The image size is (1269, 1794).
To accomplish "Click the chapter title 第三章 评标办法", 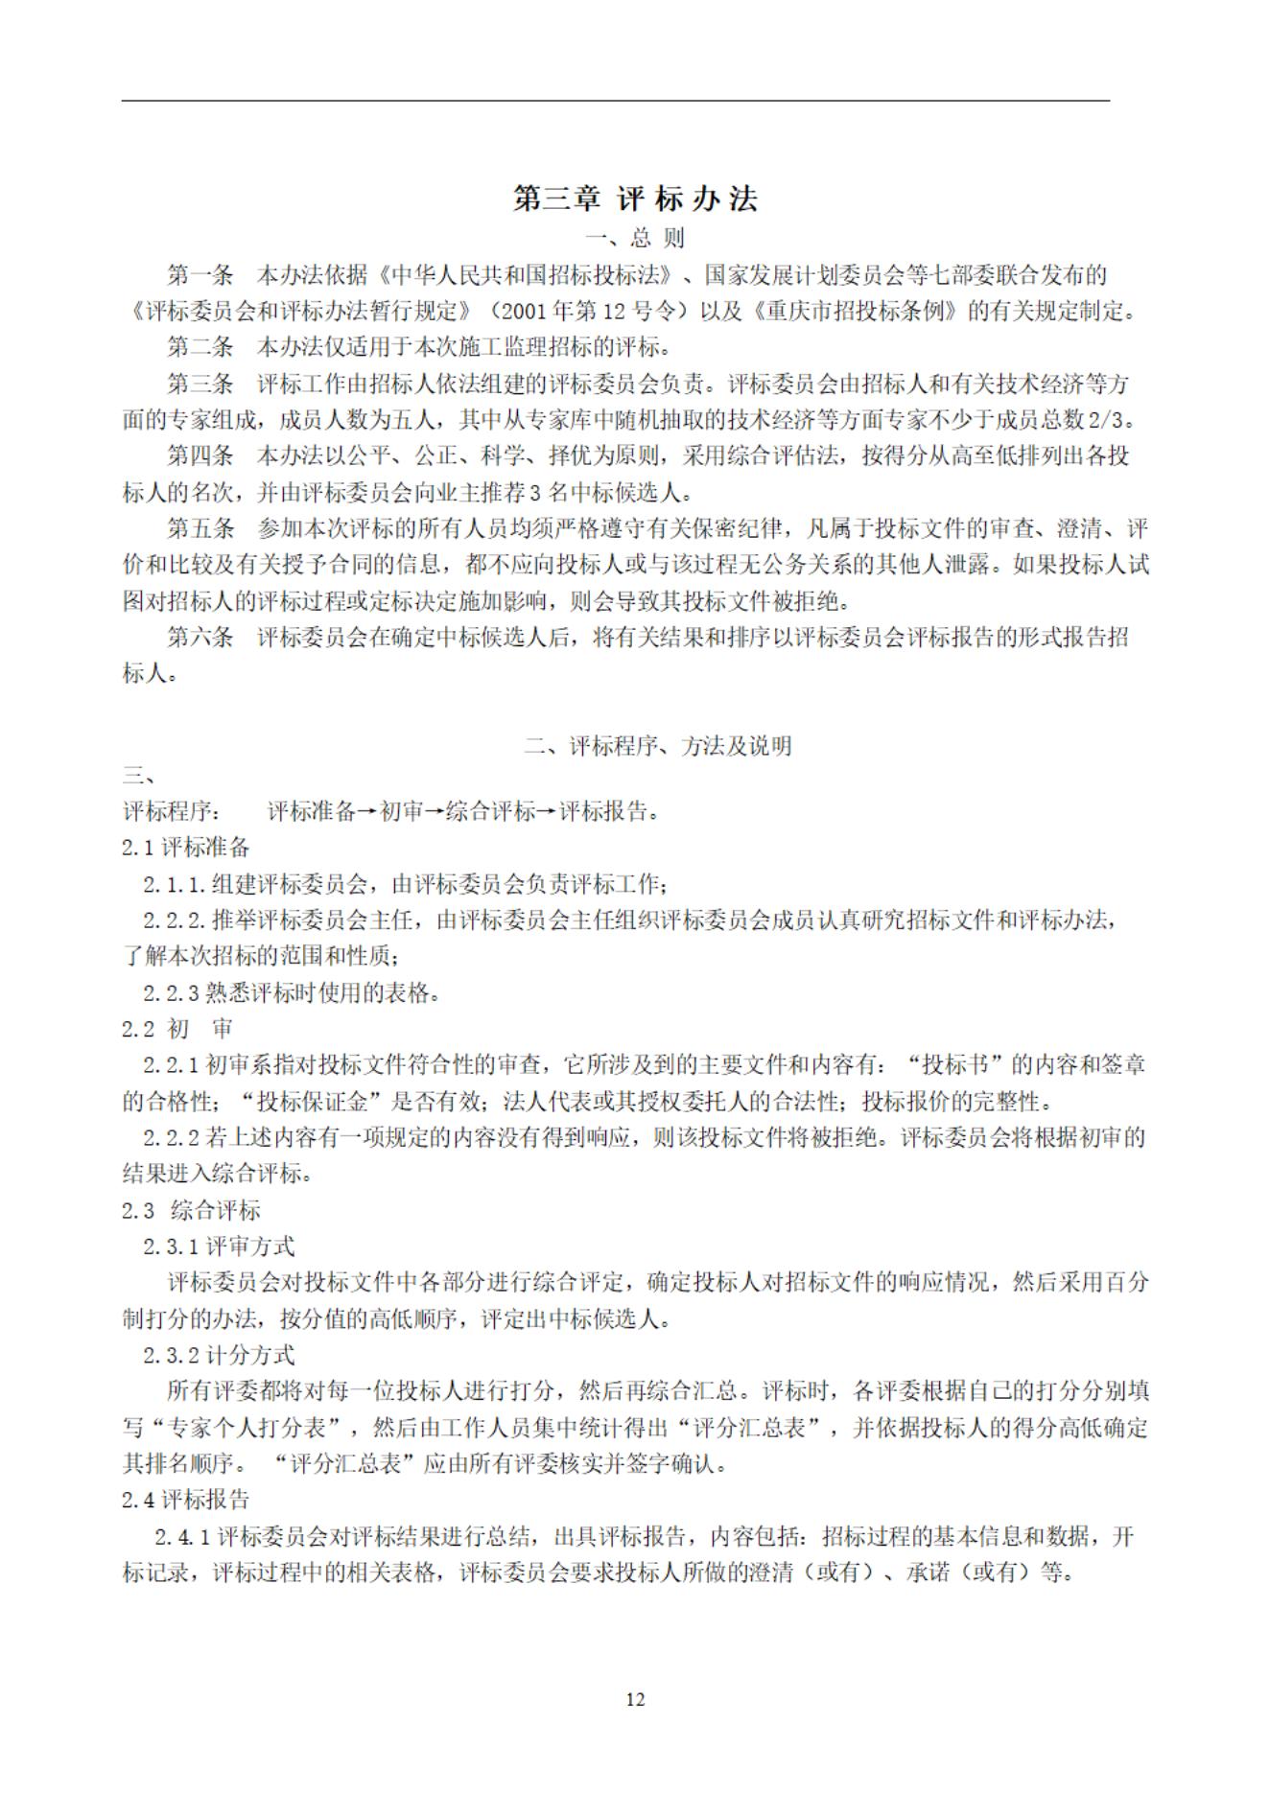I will pos(635,198).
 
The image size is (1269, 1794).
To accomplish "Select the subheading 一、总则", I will pos(635,238).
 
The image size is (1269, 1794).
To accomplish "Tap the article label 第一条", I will pos(200,275).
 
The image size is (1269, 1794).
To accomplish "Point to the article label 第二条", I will pos(200,346).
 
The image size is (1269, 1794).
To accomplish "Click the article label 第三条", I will pos(200,384).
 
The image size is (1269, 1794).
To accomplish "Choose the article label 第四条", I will pos(200,455).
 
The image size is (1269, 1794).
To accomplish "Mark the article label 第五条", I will pos(200,527).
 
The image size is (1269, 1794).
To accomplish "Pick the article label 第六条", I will pos(200,637).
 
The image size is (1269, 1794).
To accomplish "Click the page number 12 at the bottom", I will pos(635,1700).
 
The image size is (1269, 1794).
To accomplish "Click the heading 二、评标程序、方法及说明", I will pos(658,746).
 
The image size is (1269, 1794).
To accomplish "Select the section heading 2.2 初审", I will pos(178,1029).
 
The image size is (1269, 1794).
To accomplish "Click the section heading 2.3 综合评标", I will pos(192,1210).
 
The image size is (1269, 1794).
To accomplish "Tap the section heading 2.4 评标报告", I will pos(186,1500).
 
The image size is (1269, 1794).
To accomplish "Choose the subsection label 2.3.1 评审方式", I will pos(219,1246).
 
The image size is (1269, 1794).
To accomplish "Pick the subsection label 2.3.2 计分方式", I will pos(219,1355).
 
